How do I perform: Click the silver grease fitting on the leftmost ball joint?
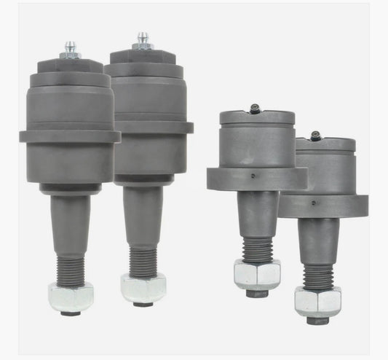(71, 49)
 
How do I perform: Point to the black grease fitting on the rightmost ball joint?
(315, 136)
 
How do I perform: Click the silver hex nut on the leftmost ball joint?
(71, 297)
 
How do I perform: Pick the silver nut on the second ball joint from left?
(143, 288)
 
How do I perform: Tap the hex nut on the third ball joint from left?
(257, 274)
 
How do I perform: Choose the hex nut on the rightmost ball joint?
(317, 300)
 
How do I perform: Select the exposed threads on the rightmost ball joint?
(318, 277)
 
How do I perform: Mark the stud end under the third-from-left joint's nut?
(257, 294)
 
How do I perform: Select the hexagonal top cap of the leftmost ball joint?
(69, 64)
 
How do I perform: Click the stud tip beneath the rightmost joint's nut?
(318, 318)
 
